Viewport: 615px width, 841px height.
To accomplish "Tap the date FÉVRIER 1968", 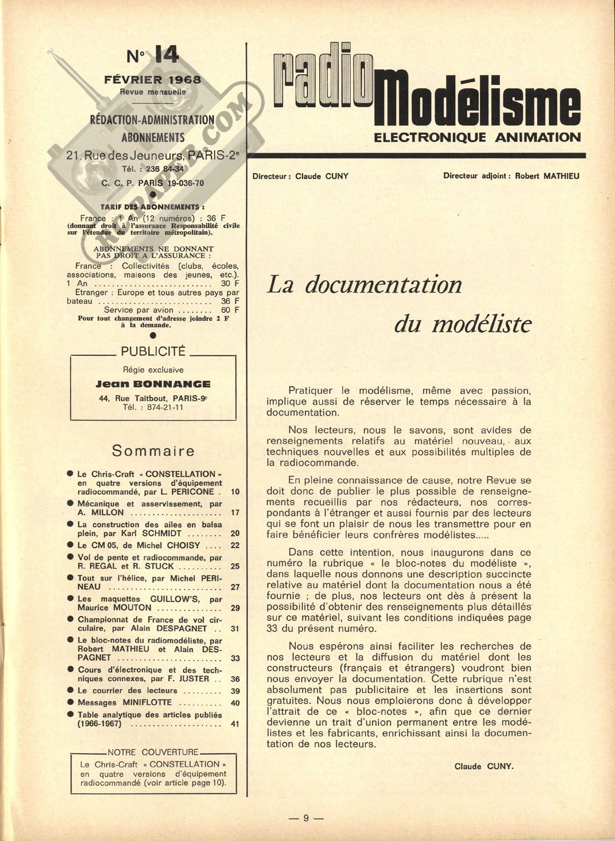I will point(153,80).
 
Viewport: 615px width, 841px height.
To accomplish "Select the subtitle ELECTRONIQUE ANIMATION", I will point(477,137).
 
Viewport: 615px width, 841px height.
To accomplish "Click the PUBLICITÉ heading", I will point(153,351).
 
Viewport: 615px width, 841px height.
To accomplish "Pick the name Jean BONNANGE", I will point(153,384).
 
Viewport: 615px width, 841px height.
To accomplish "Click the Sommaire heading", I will point(153,451).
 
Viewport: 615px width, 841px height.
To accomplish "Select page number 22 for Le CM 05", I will point(235,545).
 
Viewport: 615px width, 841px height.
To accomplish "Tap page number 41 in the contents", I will point(235,724).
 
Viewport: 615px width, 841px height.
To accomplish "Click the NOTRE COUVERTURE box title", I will point(153,752).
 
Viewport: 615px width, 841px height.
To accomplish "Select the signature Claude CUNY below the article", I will point(484,766).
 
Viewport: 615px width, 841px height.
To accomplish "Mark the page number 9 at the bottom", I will point(306,818).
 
